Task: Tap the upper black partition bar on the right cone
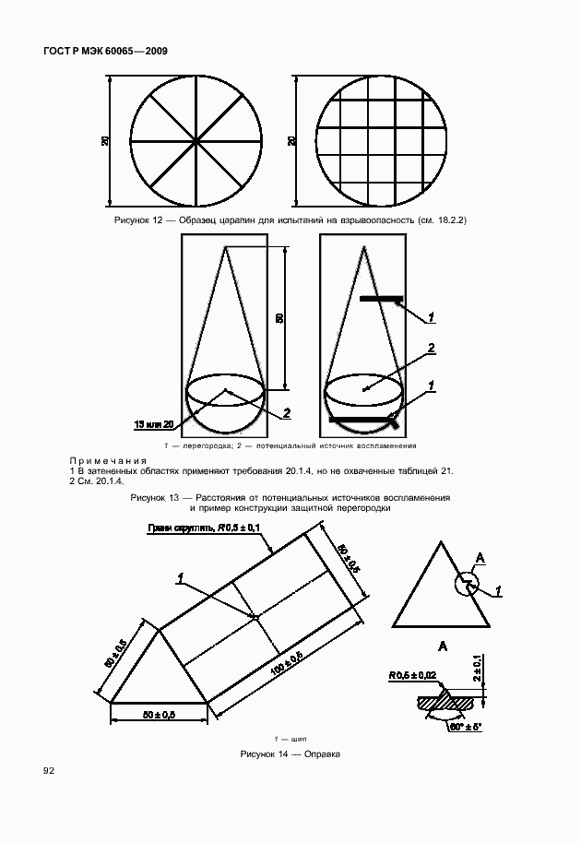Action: pos(380,299)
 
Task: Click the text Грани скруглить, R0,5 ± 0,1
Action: pos(203,528)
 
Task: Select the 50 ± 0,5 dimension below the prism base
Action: pos(159,714)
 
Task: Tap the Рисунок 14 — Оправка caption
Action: pos(290,753)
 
